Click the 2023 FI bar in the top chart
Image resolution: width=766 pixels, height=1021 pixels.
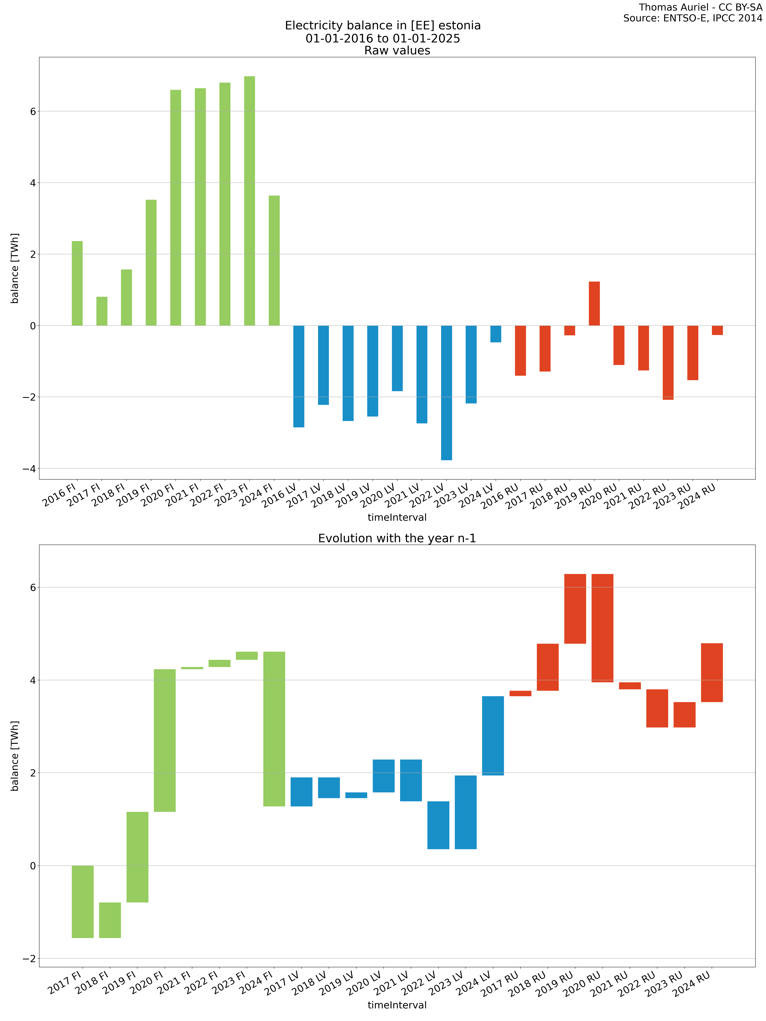249,201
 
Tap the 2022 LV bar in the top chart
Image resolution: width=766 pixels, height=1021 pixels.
447,392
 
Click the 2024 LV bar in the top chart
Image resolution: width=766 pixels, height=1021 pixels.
496,334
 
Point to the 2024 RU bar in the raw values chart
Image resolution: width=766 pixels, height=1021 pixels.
717,330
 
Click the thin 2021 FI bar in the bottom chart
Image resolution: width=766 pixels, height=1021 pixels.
192,668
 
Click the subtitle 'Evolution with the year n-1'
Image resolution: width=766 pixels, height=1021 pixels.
397,538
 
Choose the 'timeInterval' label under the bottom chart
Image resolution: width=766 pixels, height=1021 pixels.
397,1005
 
